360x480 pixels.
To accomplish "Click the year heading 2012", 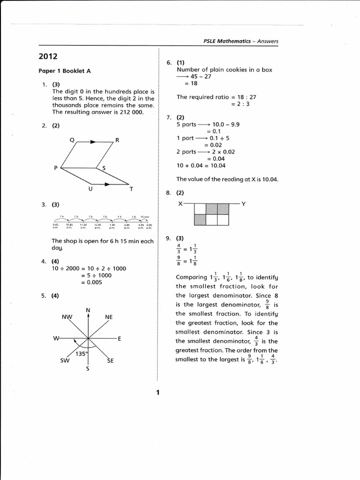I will pyautogui.click(x=48, y=57).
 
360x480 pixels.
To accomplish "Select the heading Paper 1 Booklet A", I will pyautogui.click(x=64, y=71).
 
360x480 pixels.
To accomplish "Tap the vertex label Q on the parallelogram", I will pyautogui.click(x=72, y=140).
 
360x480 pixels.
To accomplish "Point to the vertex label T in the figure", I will pyautogui.click(x=131, y=189).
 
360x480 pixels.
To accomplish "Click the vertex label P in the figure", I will pyautogui.click(x=56, y=168).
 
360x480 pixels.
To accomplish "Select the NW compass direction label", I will pyautogui.click(x=67, y=317).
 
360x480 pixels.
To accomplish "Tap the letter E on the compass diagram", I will pyautogui.click(x=120, y=338).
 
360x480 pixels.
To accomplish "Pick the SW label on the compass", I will pyautogui.click(x=65, y=360).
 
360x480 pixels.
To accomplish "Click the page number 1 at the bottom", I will pyautogui.click(x=158, y=392).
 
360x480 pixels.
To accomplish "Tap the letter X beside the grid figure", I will pyautogui.click(x=180, y=204).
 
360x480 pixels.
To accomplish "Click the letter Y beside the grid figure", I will pyautogui.click(x=244, y=204).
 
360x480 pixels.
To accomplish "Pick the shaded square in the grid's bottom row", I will pyautogui.click(x=200, y=220).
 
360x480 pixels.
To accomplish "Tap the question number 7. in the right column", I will pyautogui.click(x=169, y=117).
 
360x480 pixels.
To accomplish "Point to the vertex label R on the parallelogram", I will pyautogui.click(x=117, y=140).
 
